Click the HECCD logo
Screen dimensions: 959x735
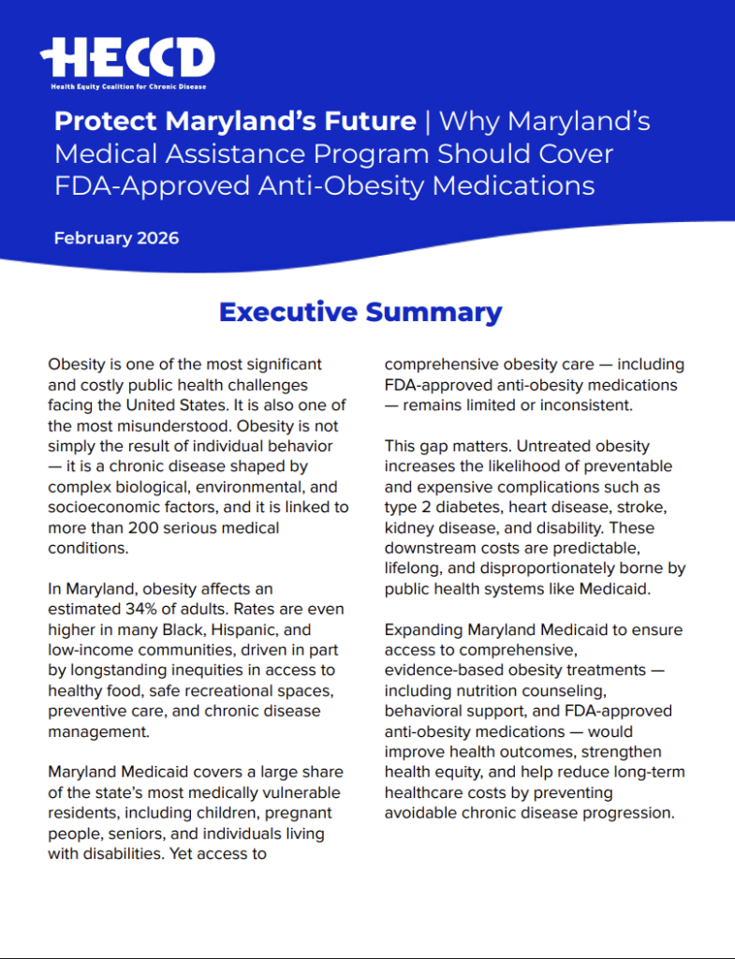tap(127, 58)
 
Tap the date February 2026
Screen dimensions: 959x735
tap(116, 238)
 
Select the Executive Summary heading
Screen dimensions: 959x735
tap(360, 312)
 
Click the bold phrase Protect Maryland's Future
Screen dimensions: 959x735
tap(235, 122)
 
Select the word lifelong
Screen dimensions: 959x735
tap(416, 569)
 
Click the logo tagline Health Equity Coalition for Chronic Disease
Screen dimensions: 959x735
tap(128, 86)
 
